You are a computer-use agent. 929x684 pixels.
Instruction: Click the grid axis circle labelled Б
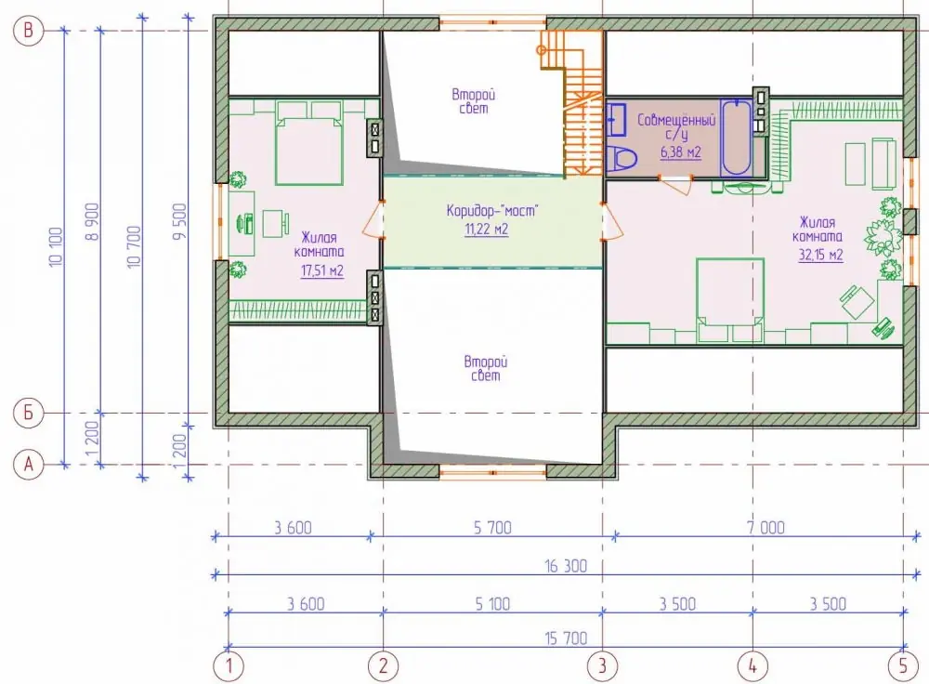coord(28,414)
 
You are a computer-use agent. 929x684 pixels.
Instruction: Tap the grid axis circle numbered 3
coord(602,665)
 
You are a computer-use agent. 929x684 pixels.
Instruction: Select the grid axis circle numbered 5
coord(903,665)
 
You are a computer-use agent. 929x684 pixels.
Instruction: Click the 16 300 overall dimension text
coord(566,566)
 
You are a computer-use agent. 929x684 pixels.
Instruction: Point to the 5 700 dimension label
coord(492,527)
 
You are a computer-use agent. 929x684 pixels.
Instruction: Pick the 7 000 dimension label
coord(765,527)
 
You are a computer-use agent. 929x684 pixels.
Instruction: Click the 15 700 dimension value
coord(566,638)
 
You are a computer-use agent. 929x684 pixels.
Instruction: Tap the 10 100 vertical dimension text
coord(56,246)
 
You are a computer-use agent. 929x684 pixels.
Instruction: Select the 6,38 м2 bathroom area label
coord(681,152)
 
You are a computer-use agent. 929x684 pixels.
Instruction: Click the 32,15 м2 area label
coord(820,255)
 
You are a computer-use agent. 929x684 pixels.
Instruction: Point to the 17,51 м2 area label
coord(321,270)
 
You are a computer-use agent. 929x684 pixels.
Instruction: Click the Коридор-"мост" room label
coord(491,210)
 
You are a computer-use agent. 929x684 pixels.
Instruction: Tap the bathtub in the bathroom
coord(737,138)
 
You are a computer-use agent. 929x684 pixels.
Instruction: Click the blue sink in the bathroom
coord(616,119)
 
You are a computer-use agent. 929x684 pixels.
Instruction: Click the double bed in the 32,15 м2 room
coord(730,300)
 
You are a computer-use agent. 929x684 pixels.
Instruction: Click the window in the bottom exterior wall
coord(492,472)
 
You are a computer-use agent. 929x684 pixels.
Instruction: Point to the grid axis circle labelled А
coord(28,465)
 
